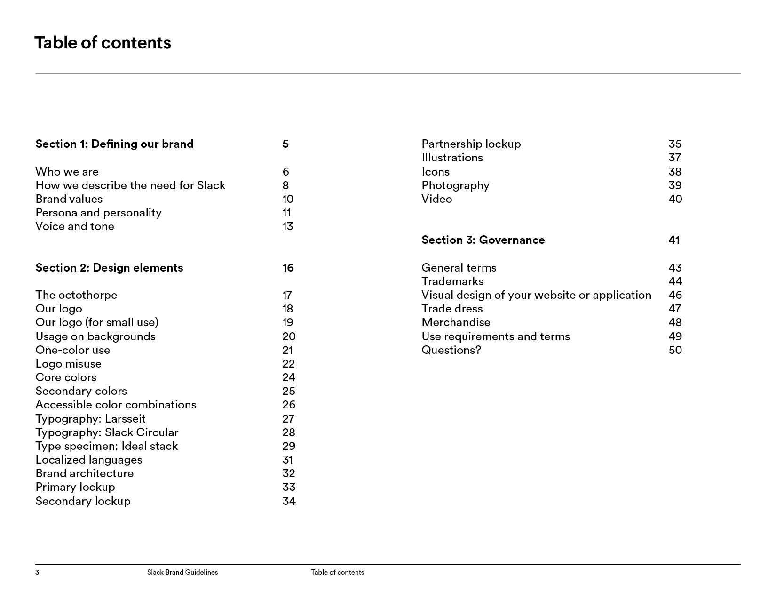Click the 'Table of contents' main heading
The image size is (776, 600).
click(x=103, y=43)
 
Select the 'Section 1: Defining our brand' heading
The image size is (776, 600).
click(x=114, y=144)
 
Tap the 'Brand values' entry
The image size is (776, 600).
click(x=69, y=199)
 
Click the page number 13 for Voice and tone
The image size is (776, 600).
click(x=287, y=226)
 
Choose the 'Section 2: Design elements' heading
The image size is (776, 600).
click(x=109, y=268)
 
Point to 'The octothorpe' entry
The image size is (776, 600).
click(x=76, y=295)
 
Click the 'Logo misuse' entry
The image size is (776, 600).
click(x=68, y=364)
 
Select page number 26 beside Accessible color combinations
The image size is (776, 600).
click(x=288, y=405)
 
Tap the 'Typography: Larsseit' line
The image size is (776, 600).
click(x=90, y=419)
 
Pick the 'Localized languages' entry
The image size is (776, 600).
click(x=89, y=460)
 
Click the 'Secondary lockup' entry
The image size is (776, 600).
click(x=83, y=501)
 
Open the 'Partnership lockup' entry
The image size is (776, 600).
click(x=471, y=144)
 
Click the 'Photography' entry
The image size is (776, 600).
click(x=455, y=185)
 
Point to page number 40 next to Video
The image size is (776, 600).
click(x=675, y=199)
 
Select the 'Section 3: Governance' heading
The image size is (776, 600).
click(x=483, y=240)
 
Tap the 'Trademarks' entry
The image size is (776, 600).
click(x=452, y=281)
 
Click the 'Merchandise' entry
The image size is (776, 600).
click(x=456, y=322)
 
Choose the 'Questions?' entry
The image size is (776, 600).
click(x=451, y=350)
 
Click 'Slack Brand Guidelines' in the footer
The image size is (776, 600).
click(x=182, y=572)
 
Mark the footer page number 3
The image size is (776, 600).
click(x=37, y=572)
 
